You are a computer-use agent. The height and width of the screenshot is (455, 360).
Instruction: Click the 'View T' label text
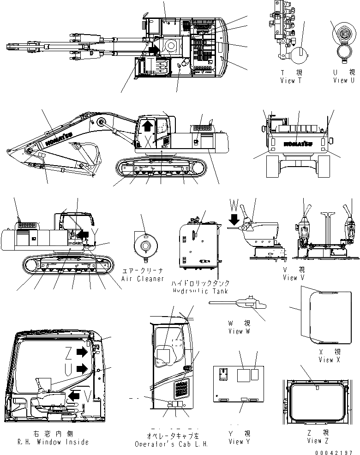pyautogui.click(x=291, y=80)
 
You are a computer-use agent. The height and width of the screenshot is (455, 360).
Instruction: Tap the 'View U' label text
pyautogui.click(x=344, y=80)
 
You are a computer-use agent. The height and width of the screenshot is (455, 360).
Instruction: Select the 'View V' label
pyautogui.click(x=294, y=278)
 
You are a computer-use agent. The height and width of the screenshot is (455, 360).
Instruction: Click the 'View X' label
pyautogui.click(x=325, y=360)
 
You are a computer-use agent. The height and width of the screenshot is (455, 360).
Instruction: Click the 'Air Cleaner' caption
pyautogui.click(x=143, y=279)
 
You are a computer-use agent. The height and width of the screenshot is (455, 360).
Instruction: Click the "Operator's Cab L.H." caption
pyautogui.click(x=172, y=444)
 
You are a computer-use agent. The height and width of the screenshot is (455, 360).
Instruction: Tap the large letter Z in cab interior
pyautogui.click(x=68, y=353)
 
